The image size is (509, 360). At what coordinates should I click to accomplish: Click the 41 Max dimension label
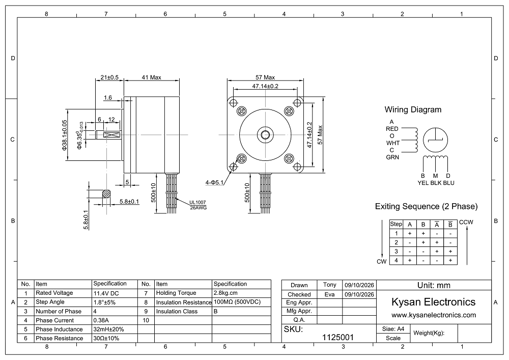[x=151, y=77]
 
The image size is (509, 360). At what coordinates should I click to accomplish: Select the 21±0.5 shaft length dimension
[x=109, y=77]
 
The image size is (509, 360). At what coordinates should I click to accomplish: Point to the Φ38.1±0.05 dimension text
[x=64, y=135]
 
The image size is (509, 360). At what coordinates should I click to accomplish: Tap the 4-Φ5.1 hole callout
[x=214, y=182]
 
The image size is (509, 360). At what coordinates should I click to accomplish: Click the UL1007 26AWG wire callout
[x=198, y=205]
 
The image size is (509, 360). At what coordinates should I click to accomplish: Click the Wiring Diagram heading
[x=413, y=109]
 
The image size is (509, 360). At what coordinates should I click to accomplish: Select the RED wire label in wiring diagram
[x=392, y=129]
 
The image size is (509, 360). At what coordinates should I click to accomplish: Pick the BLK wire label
[x=436, y=183]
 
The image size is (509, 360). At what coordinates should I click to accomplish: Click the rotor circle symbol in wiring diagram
[x=436, y=140]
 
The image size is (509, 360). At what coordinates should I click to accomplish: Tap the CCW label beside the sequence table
[x=466, y=223]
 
